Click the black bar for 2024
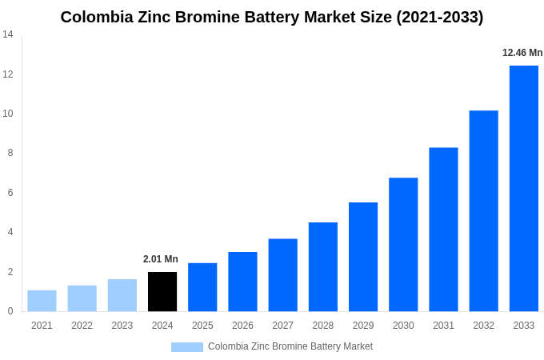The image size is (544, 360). point(162,292)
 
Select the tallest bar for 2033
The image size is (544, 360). point(523,189)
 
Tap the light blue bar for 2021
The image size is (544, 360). point(42,301)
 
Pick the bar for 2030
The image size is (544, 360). point(403,245)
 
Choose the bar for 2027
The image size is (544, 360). point(282,275)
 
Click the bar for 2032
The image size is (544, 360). point(483,211)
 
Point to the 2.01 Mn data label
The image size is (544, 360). point(161,259)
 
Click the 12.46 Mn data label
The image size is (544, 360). point(522,53)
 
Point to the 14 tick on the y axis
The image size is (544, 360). point(8,34)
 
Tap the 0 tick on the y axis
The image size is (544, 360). point(10,311)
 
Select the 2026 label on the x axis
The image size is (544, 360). point(242,326)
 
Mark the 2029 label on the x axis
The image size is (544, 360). point(363,326)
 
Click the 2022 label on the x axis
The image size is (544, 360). point(82,326)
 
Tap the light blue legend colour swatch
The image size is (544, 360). point(186,347)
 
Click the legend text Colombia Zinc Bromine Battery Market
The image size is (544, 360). point(290,346)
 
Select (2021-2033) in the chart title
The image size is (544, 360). point(439,17)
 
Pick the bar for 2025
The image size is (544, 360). point(202,287)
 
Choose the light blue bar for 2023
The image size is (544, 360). point(122,295)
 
